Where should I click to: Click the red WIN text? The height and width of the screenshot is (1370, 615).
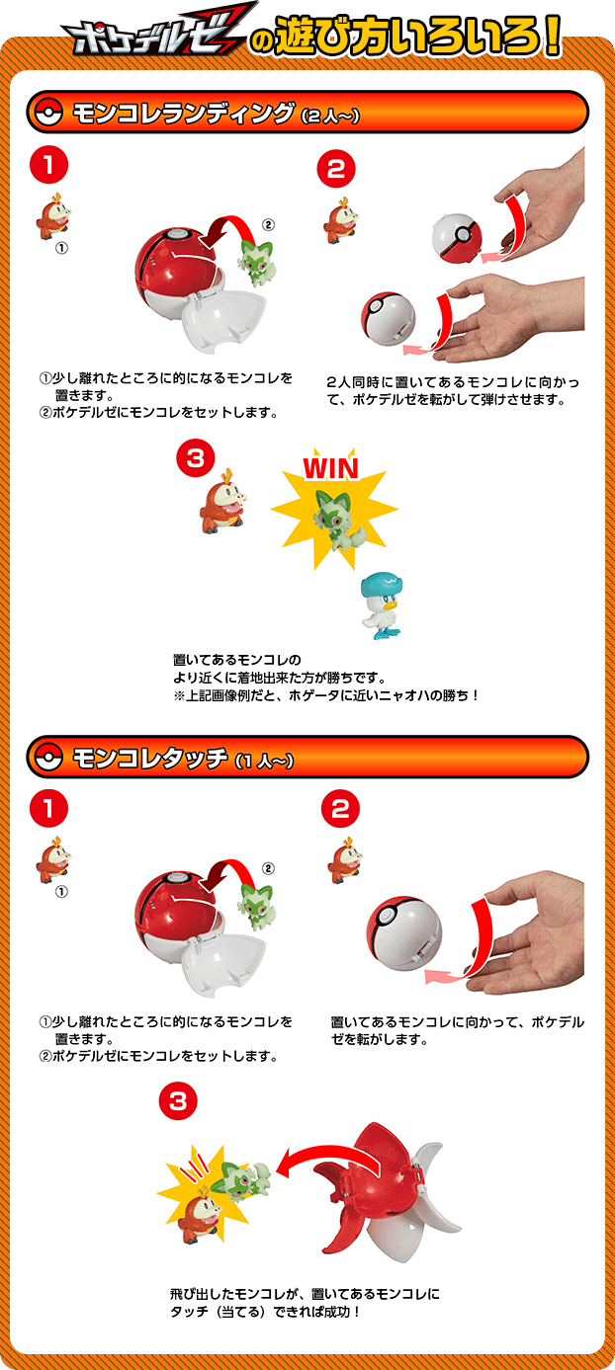coord(330,468)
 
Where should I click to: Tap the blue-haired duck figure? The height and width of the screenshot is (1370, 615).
coord(381,605)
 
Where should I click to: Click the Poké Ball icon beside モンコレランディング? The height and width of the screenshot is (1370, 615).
coord(48,113)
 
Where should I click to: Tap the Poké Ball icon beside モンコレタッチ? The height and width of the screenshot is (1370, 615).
coord(48,758)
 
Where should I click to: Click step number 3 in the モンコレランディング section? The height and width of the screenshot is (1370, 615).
coord(195,458)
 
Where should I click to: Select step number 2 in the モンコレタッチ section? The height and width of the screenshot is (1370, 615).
coord(339,809)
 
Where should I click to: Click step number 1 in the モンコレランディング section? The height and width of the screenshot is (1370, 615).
coord(49,165)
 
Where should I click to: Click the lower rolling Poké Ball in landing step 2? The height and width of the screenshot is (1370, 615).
coord(388,319)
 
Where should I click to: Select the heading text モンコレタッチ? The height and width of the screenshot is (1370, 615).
coord(150,759)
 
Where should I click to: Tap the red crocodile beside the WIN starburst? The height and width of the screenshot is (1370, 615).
coord(222,501)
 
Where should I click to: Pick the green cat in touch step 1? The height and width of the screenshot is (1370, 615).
coord(257,906)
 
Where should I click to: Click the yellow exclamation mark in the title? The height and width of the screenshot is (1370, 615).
coord(552,37)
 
